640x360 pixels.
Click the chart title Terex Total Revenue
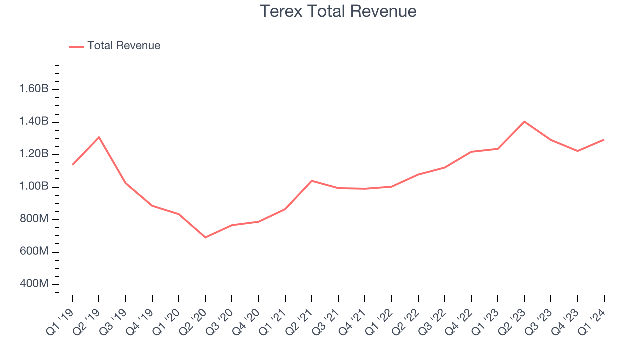(338, 11)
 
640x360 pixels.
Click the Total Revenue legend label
(124, 46)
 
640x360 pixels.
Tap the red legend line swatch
(76, 46)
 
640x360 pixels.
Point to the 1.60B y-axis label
(34, 89)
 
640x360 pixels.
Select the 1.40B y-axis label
(34, 122)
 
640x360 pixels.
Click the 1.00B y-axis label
(34, 187)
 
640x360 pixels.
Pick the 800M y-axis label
(34, 219)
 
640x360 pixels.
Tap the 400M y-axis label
(34, 284)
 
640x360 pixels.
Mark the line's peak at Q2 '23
(524, 121)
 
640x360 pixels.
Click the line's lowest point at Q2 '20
(205, 237)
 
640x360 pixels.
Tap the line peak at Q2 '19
(99, 137)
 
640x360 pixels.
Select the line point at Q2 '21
(312, 181)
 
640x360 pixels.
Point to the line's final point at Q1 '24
(604, 140)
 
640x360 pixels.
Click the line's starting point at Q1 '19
(72, 165)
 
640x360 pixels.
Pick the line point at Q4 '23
(577, 151)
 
